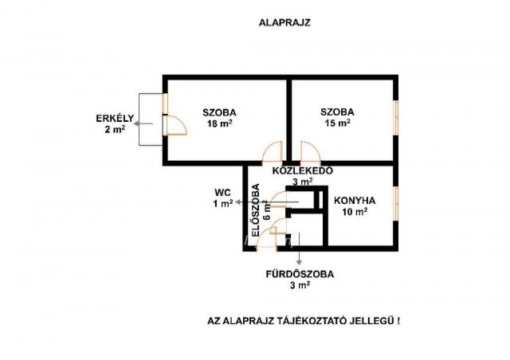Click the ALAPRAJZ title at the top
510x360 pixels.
pos(284,23)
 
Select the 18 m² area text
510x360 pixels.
pos(220,123)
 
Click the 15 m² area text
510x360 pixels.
pos(338,123)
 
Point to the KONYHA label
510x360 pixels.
pos(355,201)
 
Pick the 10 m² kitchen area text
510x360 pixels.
pos(355,212)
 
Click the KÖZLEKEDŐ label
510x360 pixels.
pos(303,170)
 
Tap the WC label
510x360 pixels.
pos(223,193)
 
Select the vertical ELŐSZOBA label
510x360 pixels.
pos(256,210)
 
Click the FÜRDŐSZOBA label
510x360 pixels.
pos(300,274)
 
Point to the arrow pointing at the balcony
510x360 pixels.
pos(143,123)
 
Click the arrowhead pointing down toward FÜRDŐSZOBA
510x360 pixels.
pos(299,262)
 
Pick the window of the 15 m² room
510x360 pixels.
pos(396,117)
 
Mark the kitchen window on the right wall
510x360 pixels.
pos(396,204)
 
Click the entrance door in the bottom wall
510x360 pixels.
pos(266,239)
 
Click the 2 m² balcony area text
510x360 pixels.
pos(115,130)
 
